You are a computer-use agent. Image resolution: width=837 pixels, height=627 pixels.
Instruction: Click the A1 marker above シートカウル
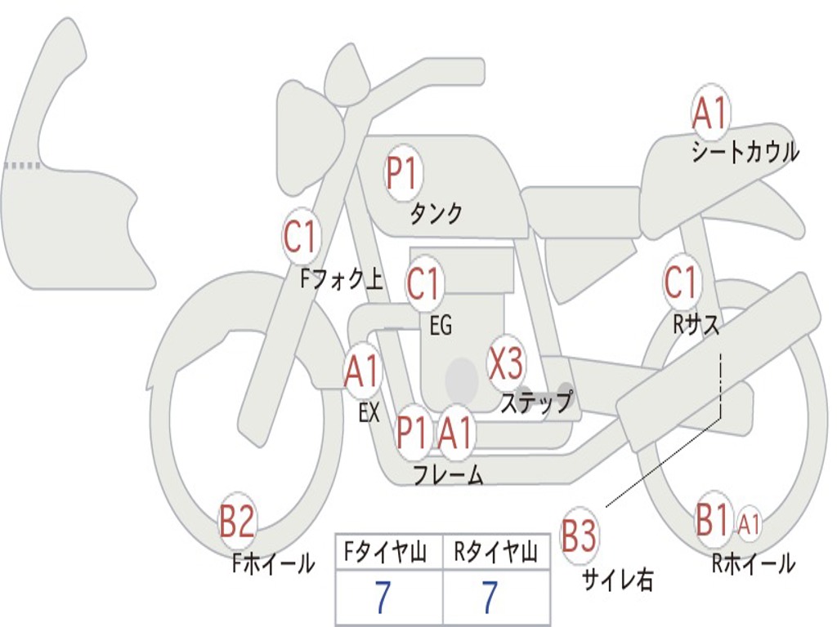tap(710, 111)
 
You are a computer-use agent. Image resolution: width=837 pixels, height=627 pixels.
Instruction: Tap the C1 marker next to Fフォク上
tap(301, 236)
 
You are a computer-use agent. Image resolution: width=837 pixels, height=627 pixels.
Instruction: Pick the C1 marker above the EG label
tap(424, 283)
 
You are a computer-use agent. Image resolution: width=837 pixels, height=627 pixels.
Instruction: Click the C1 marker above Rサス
tap(682, 282)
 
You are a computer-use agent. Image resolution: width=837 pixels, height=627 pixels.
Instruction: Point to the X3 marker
tap(506, 363)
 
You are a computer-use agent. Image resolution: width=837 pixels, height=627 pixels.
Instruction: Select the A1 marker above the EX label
tap(362, 371)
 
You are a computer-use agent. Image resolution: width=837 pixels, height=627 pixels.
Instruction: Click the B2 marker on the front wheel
tap(237, 521)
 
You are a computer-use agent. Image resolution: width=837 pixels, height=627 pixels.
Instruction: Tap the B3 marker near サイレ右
tap(580, 535)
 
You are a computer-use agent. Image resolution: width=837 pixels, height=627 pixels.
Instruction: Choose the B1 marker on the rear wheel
tap(713, 518)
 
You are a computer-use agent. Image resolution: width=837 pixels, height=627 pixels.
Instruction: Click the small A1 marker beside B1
tap(749, 523)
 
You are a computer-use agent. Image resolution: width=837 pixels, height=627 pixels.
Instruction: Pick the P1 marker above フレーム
tap(413, 432)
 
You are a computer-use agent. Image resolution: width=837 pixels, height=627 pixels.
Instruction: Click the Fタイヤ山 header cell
tap(389, 551)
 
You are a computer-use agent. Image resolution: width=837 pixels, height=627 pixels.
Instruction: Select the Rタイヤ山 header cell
tap(496, 551)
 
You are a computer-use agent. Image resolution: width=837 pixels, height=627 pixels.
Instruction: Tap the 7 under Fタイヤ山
tap(383, 597)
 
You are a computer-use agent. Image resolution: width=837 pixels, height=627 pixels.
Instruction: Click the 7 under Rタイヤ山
tap(490, 597)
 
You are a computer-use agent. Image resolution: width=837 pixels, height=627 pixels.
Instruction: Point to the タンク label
tap(436, 213)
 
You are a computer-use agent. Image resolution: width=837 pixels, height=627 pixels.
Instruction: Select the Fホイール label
tap(273, 563)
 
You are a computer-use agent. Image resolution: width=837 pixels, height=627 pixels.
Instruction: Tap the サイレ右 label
tap(618, 579)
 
